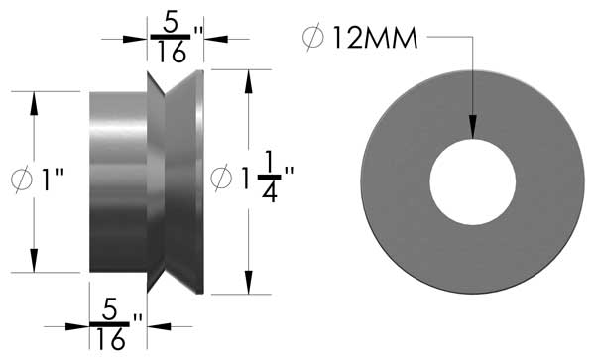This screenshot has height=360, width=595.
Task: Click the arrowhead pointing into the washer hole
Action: pos(473,128)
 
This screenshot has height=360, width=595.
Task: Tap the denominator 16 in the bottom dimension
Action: pos(111,340)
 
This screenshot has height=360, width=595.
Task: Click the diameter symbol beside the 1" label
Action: pos(20,181)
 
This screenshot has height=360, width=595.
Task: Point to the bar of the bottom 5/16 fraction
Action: pos(111,323)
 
